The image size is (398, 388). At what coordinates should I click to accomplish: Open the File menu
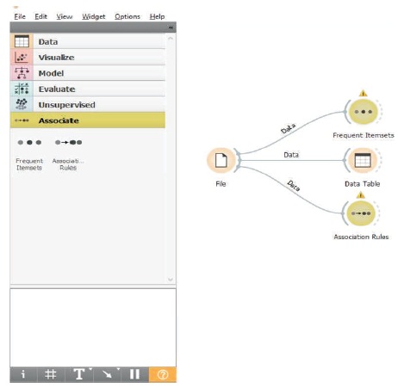[20, 16]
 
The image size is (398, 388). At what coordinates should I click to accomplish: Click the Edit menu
[40, 16]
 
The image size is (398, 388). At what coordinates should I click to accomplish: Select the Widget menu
[94, 17]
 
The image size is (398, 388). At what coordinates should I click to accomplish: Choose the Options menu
[127, 17]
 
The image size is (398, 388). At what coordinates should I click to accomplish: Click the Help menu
[157, 17]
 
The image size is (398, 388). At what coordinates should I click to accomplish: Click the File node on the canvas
[221, 160]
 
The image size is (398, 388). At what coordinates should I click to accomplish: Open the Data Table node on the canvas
[363, 160]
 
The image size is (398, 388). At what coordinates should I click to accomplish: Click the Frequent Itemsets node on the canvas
[364, 112]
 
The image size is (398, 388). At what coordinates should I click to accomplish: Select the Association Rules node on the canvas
[361, 213]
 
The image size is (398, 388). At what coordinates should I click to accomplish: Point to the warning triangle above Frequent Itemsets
[364, 93]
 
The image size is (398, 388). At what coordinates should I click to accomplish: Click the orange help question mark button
[163, 374]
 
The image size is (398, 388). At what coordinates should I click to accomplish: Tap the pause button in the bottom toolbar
[134, 374]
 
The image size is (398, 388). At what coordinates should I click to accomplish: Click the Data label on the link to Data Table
[291, 155]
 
